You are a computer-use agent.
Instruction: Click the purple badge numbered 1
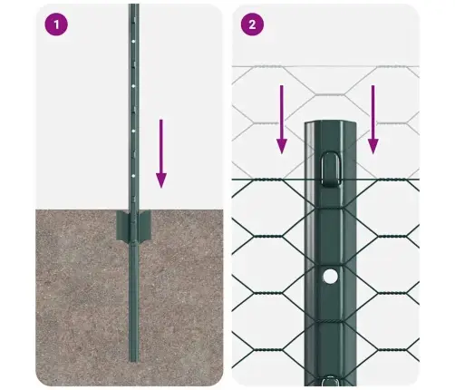pos(58,24)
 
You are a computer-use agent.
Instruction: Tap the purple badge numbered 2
pos(252,24)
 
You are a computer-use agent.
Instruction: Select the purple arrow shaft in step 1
pos(161,145)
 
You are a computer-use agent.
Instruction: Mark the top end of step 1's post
pos(134,7)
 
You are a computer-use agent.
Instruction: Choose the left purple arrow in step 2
pos(282,118)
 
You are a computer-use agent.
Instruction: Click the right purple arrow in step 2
pos(373,118)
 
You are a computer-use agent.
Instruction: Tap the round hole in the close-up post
pos(331,274)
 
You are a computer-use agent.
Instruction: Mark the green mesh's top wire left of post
pos(267,180)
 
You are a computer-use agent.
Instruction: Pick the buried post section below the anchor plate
pos(135,299)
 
